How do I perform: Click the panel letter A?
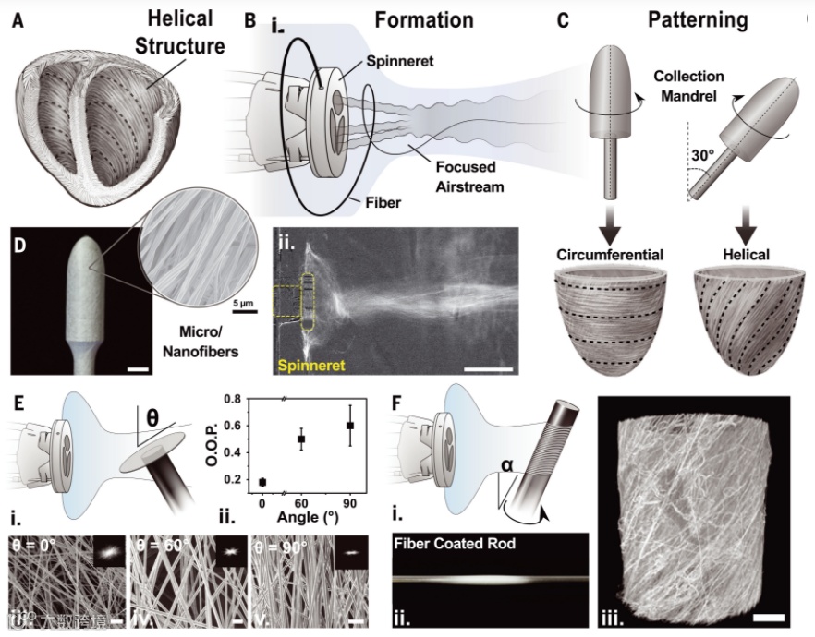coord(18,18)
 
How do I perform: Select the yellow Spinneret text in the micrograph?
coord(309,367)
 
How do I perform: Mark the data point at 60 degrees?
coord(301,439)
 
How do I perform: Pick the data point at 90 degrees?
coord(348,426)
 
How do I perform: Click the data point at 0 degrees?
coord(262,481)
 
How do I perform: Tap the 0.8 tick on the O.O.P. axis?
coord(234,400)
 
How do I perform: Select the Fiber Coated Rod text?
coord(454,544)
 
